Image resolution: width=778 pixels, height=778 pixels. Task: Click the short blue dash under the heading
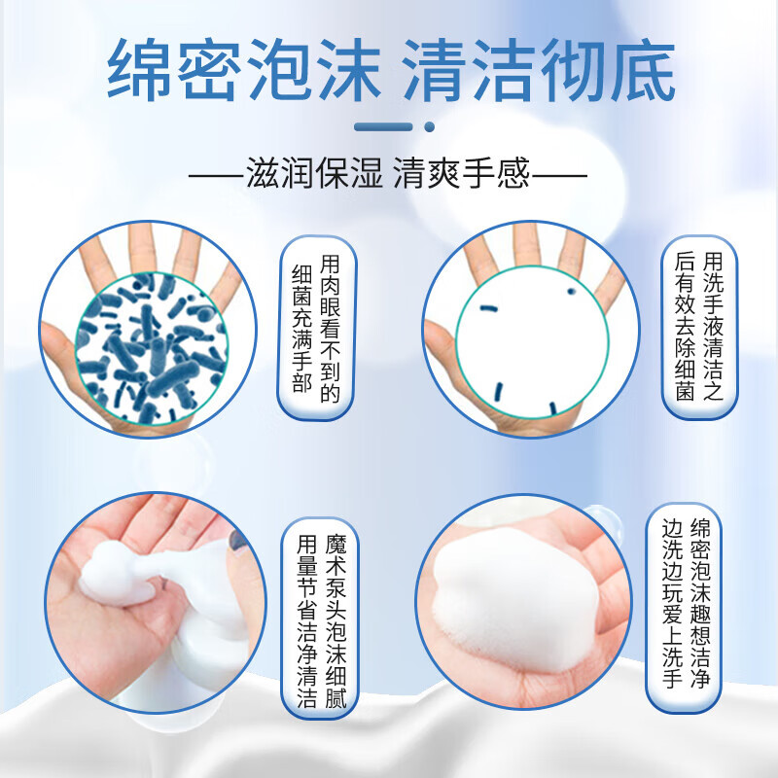385,125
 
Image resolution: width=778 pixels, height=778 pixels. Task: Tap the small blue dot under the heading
428,125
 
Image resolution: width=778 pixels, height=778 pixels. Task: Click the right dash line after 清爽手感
561,177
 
